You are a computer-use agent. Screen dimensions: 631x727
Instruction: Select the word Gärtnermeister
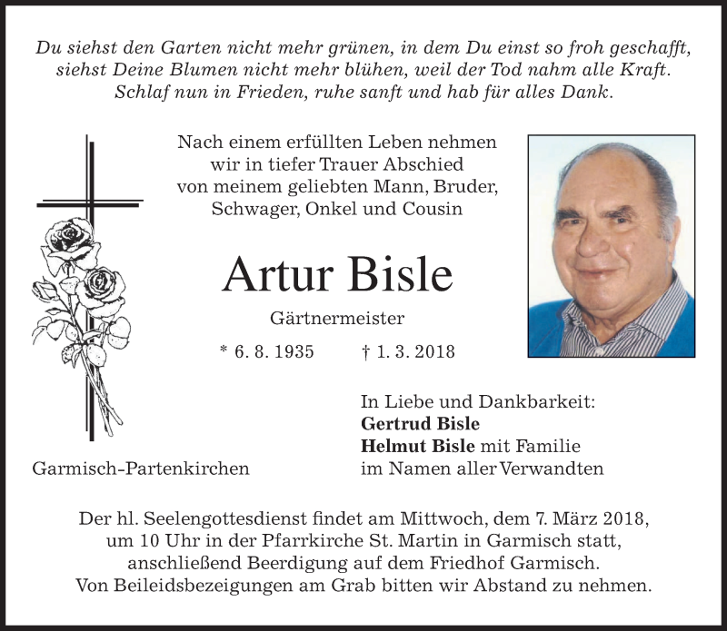[x=337, y=319]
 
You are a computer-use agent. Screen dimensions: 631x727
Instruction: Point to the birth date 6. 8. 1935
[x=274, y=351]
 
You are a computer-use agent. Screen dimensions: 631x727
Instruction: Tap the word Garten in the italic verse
[x=180, y=49]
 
